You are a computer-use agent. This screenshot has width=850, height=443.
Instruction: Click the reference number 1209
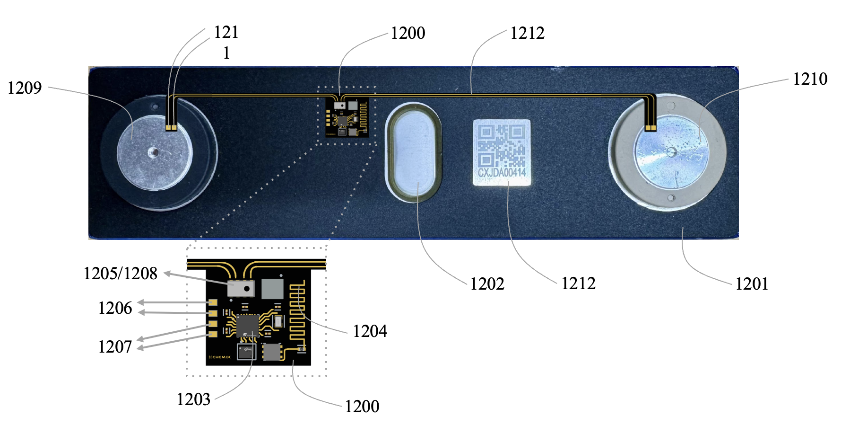click(x=25, y=88)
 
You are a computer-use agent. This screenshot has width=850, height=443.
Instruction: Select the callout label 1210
click(x=810, y=79)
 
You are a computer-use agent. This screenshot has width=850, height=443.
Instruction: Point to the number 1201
click(x=751, y=284)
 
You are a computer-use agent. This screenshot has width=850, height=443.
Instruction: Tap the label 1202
click(x=487, y=284)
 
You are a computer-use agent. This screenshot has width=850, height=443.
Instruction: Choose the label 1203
click(x=193, y=399)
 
